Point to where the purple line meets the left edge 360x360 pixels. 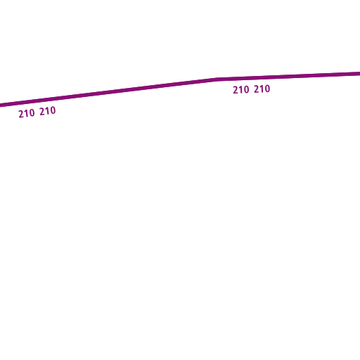(x=1, y=105)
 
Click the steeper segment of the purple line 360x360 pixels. (x=108, y=92)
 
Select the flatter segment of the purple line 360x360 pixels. (x=288, y=77)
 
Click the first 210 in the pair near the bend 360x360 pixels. (x=241, y=90)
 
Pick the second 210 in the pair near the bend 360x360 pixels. (x=262, y=89)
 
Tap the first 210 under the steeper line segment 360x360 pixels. (x=27, y=114)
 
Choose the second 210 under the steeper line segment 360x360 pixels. (x=48, y=111)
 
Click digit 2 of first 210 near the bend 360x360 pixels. (x=236, y=90)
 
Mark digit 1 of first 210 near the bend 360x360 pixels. (x=241, y=90)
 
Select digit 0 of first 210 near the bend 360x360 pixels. (x=246, y=89)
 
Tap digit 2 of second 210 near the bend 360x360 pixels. (x=257, y=89)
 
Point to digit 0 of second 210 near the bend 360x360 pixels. (x=267, y=89)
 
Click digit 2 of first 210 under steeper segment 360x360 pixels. (x=21, y=115)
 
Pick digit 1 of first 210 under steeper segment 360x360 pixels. (x=27, y=114)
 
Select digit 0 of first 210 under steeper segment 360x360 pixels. (x=32, y=113)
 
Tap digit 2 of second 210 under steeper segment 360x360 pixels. (x=42, y=112)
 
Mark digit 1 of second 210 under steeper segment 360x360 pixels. (x=48, y=111)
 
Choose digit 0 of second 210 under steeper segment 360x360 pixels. (x=53, y=110)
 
